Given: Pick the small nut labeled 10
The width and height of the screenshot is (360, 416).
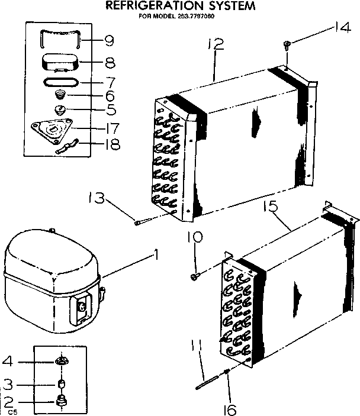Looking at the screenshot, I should coord(195,276).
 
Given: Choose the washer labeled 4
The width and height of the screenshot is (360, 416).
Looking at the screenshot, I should coord(60,362).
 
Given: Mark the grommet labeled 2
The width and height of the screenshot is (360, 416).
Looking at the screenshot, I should coord(59,401).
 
